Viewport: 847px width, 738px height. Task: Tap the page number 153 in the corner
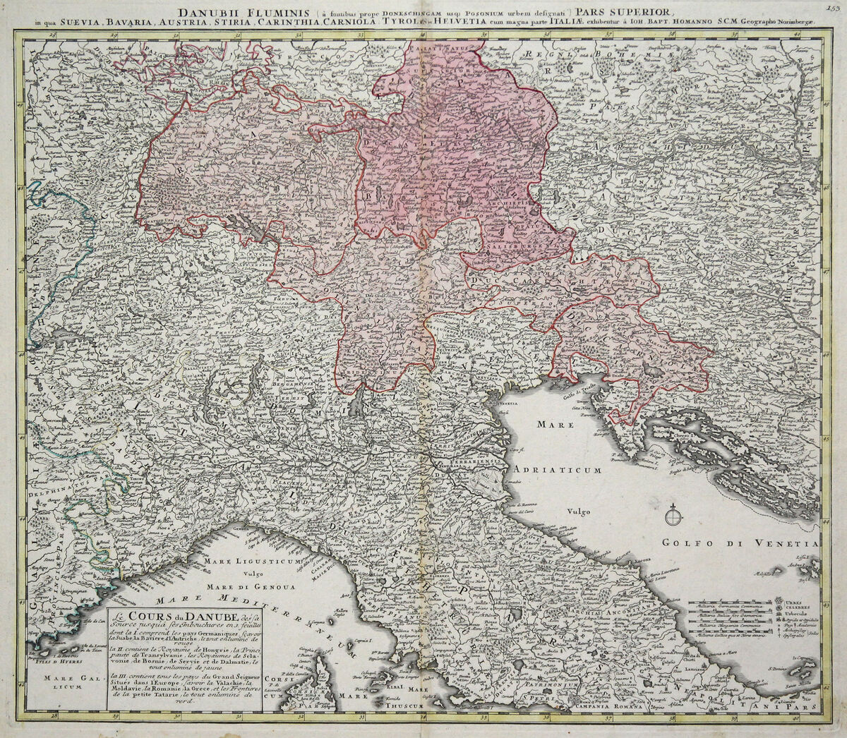(x=838, y=7)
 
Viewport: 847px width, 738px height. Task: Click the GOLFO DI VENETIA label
(x=738, y=544)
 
